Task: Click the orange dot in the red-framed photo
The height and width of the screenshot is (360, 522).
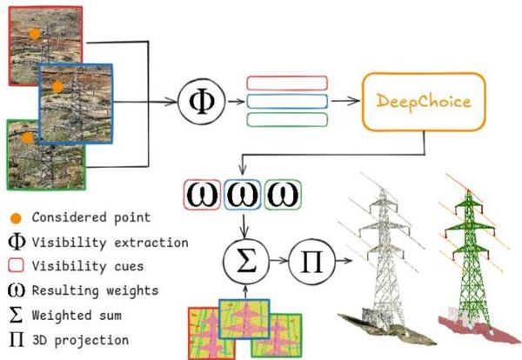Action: click(x=34, y=34)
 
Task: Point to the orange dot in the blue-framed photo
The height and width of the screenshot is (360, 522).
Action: click(x=57, y=87)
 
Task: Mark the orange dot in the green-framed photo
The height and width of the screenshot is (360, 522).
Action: click(x=27, y=137)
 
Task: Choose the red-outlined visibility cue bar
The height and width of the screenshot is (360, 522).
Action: click(x=287, y=83)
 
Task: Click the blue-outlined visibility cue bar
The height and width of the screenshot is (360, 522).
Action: click(x=287, y=101)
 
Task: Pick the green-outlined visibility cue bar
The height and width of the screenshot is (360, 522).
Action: click(x=287, y=120)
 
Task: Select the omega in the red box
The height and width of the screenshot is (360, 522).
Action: click(x=202, y=195)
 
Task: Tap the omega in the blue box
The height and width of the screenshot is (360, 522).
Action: click(x=243, y=195)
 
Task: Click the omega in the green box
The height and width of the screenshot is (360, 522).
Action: click(x=283, y=195)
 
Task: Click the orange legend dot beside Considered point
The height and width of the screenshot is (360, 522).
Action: click(x=16, y=218)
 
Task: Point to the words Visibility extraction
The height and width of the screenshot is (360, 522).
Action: click(x=110, y=243)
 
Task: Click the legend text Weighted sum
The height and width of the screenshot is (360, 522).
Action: click(x=77, y=315)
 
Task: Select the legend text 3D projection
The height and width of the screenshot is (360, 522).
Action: click(x=81, y=340)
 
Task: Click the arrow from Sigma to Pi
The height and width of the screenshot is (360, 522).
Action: click(x=278, y=261)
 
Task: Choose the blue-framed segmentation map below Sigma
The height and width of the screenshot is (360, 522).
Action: click(x=244, y=319)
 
